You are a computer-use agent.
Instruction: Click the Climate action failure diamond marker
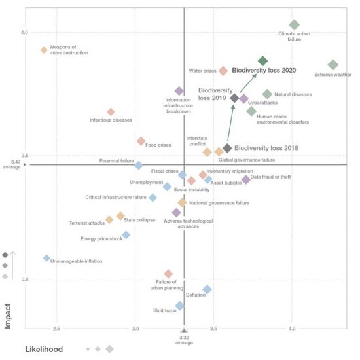click(295, 26)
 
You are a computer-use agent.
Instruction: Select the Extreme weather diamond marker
click(333, 65)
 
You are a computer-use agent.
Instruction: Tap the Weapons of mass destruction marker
click(44, 50)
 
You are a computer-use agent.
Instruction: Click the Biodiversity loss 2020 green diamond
click(262, 61)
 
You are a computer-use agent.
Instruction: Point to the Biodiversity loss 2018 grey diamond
click(227, 149)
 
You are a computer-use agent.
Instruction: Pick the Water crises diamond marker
click(223, 71)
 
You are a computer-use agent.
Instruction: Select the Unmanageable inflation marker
click(46, 258)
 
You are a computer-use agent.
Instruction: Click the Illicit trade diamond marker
click(179, 306)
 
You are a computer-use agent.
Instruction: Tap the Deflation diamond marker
click(207, 289)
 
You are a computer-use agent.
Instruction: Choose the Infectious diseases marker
click(111, 112)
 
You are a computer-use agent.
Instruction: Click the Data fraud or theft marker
click(246, 179)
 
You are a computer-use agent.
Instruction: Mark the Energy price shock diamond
click(126, 234)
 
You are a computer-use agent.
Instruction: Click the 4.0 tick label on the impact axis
click(24, 32)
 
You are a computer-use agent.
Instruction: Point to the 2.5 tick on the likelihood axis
click(56, 327)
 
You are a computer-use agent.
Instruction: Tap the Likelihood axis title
click(44, 350)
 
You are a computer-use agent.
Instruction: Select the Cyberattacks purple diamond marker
click(244, 99)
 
